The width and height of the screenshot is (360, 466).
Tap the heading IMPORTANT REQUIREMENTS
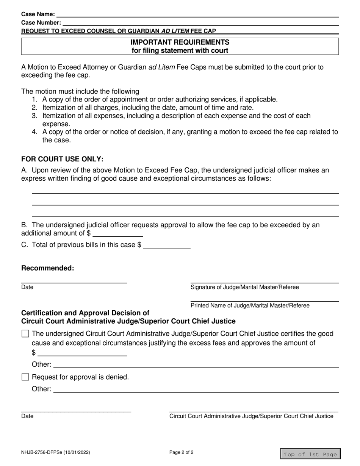[x=180, y=42]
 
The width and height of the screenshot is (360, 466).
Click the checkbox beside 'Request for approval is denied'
[x=25, y=377]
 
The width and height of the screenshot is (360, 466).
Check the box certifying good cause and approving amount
[x=25, y=334]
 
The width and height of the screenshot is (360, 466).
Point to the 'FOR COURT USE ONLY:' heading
[x=63, y=159]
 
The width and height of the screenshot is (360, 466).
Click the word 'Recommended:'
[x=48, y=268]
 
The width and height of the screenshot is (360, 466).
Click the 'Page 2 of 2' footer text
[x=182, y=452]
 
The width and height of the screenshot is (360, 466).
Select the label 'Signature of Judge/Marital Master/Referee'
[x=244, y=287]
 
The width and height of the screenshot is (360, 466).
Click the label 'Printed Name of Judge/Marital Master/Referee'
[x=250, y=305]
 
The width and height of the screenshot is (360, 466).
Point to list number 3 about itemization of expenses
[x=35, y=116]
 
